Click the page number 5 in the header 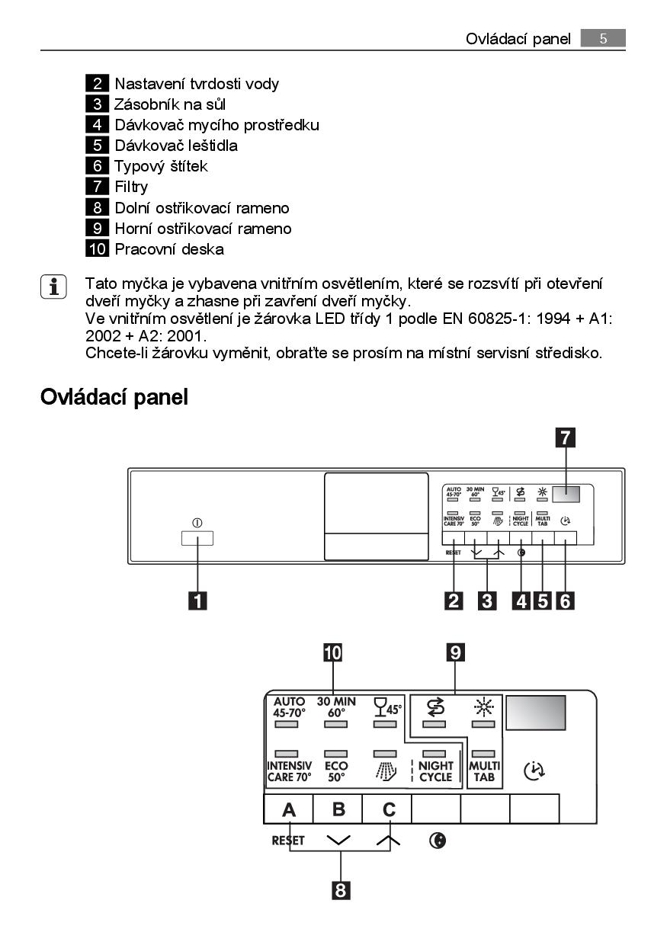click(602, 38)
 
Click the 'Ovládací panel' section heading click(114, 396)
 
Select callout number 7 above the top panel click(565, 437)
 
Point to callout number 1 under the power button click(197, 601)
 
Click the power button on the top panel click(197, 537)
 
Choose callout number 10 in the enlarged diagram click(333, 652)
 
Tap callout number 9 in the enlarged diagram click(455, 652)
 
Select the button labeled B click(338, 809)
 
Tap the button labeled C click(387, 809)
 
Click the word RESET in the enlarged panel click(288, 841)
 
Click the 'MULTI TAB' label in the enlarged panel click(485, 771)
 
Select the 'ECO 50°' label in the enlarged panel click(336, 771)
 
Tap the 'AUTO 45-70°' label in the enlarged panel click(289, 707)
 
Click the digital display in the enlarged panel click(535, 713)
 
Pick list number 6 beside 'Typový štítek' click(98, 165)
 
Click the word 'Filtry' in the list click(131, 187)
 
